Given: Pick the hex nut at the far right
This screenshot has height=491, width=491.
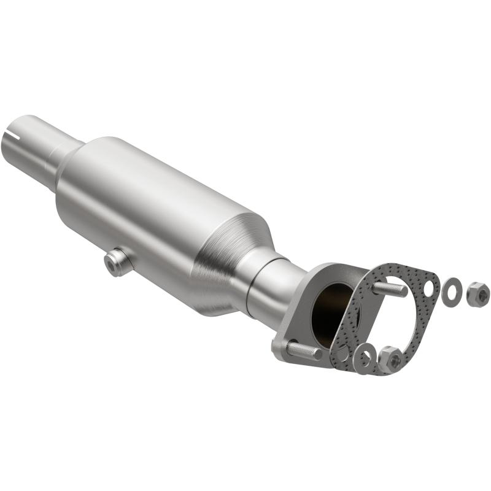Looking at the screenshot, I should coord(477,295).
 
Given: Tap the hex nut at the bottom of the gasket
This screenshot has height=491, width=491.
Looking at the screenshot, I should coord(389,358).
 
